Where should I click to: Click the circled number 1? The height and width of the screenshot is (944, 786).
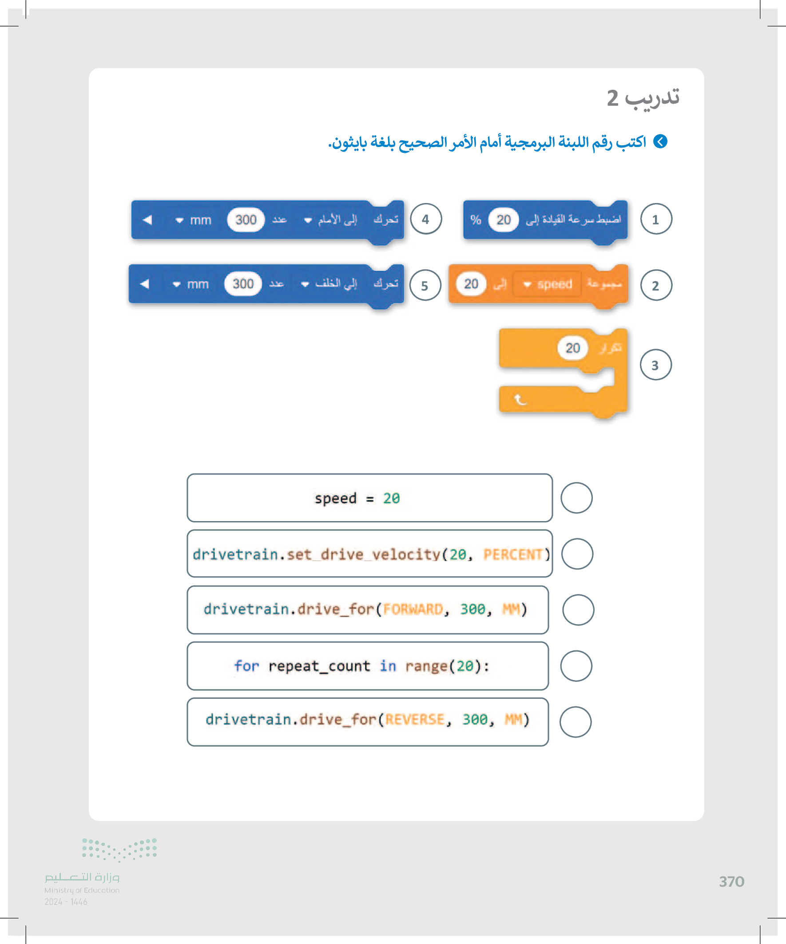(x=656, y=219)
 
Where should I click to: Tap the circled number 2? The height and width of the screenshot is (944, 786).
(x=656, y=285)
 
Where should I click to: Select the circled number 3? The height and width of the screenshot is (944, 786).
(x=655, y=365)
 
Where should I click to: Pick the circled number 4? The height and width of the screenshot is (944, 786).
(x=425, y=219)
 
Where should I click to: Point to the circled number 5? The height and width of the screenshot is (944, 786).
(x=425, y=285)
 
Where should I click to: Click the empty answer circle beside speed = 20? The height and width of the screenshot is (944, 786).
(x=576, y=498)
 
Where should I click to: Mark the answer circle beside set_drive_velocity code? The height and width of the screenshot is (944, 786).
(x=577, y=554)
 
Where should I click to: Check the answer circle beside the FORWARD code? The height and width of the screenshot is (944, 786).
(x=578, y=609)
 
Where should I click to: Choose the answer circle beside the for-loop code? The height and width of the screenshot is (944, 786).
(x=576, y=666)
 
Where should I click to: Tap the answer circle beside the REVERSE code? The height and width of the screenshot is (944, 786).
(x=575, y=721)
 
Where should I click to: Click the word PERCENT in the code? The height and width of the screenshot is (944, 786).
(x=513, y=554)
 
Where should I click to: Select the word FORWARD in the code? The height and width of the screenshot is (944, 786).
(x=413, y=609)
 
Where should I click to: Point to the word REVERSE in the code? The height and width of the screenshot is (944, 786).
(x=415, y=720)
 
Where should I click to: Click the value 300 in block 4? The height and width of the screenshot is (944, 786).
(x=246, y=220)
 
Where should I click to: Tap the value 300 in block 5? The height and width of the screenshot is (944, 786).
(x=243, y=284)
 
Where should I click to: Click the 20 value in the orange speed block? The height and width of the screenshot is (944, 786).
(x=471, y=284)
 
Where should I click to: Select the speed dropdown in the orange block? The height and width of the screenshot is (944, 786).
(x=548, y=284)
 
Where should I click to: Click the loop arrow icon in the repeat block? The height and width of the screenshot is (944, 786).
(x=520, y=399)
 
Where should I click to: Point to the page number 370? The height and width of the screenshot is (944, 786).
(x=732, y=881)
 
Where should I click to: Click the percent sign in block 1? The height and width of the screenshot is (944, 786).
(x=476, y=220)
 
